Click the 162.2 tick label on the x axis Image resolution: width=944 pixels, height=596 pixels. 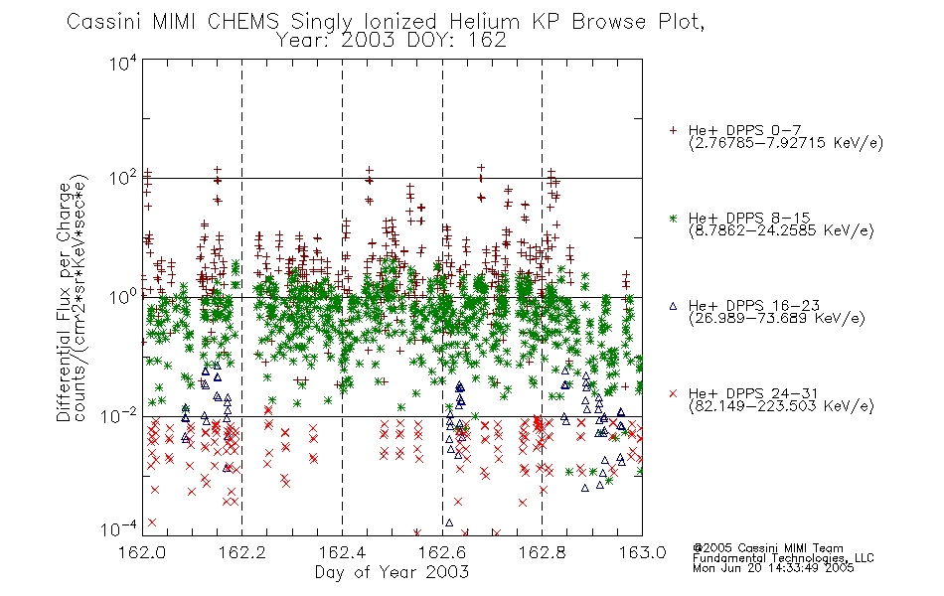(242, 552)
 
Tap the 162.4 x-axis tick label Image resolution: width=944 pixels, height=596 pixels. (342, 552)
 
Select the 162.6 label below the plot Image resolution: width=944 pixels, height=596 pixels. (442, 552)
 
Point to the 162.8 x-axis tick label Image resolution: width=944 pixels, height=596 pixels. (542, 552)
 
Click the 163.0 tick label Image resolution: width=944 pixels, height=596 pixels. (642, 552)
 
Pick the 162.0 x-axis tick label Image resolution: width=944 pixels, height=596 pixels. (142, 552)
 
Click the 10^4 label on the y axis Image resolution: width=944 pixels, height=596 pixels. (123, 63)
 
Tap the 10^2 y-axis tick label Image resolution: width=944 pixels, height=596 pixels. (123, 179)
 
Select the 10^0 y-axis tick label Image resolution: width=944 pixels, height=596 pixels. (123, 297)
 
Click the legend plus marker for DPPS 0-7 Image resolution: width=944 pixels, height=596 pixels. (673, 130)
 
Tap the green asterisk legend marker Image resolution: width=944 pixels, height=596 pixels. (673, 218)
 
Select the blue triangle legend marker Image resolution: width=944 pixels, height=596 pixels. (673, 306)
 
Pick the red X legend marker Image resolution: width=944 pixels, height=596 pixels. (673, 393)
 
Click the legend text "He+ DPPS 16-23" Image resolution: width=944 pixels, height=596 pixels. (754, 306)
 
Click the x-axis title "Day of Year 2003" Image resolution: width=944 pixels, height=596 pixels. (392, 572)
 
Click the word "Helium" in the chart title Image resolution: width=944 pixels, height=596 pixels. (484, 22)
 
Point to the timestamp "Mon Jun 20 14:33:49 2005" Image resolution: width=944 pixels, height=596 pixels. (773, 568)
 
